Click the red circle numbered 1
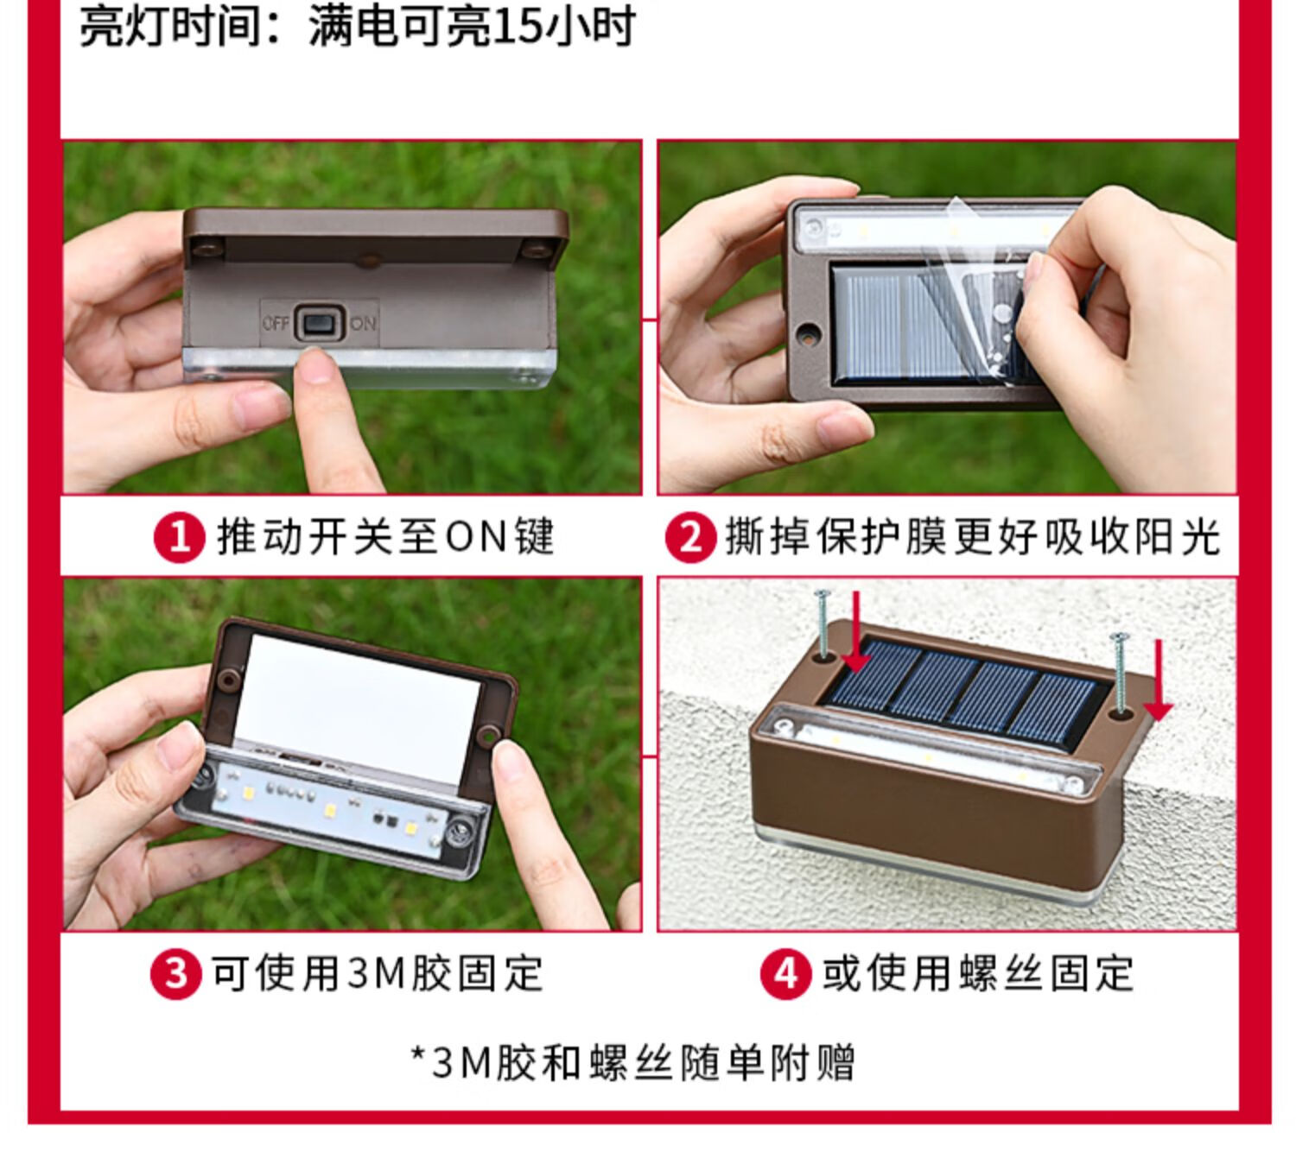179,537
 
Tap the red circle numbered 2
690,537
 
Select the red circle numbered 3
175,975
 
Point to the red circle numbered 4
785,975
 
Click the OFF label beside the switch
276,322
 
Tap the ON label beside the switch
363,322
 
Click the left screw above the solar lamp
823,624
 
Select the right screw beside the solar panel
1120,673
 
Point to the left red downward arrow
857,632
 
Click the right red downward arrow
1158,680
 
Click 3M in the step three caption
375,975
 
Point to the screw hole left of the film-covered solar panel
808,334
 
